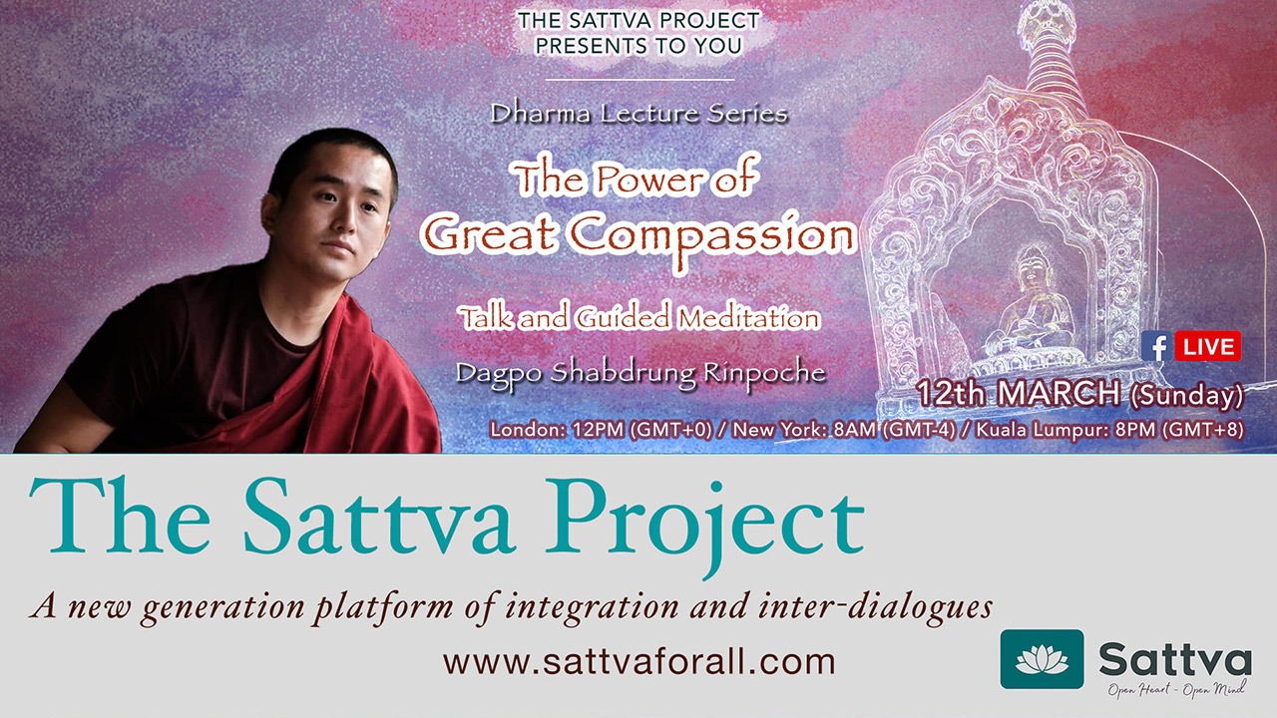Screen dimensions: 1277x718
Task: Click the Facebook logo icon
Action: pyautogui.click(x=1156, y=346)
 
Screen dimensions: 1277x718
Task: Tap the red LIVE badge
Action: pyautogui.click(x=1208, y=346)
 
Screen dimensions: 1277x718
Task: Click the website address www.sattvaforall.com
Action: pyautogui.click(x=639, y=661)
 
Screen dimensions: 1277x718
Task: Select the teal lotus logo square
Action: pyautogui.click(x=1043, y=659)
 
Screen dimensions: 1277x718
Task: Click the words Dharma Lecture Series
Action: pyautogui.click(x=639, y=114)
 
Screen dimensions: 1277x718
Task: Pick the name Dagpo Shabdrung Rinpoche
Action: pyautogui.click(x=640, y=374)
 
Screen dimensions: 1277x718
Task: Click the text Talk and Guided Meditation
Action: pyautogui.click(x=640, y=318)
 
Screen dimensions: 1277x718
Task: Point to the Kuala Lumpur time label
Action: pyautogui.click(x=1109, y=429)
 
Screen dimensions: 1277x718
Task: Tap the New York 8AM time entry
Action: pyautogui.click(x=844, y=429)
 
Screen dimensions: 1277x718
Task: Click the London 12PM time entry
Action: pyautogui.click(x=602, y=429)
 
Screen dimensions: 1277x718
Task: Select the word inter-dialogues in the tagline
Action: pyautogui.click(x=875, y=606)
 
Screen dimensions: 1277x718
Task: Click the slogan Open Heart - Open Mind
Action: pyautogui.click(x=1175, y=690)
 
